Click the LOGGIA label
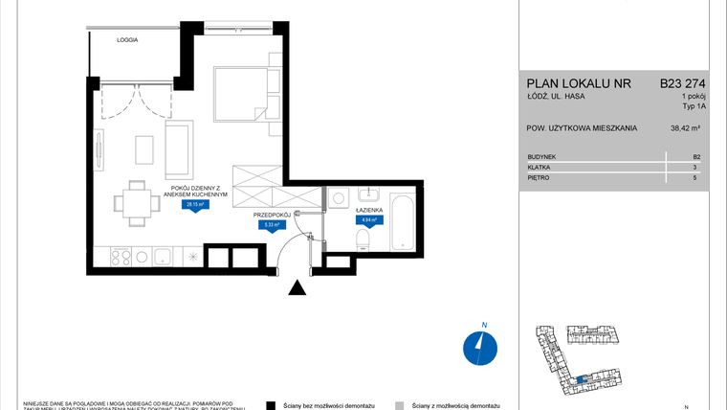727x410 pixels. click(x=128, y=41)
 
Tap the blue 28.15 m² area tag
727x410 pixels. click(x=197, y=204)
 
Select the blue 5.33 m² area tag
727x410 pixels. click(x=271, y=225)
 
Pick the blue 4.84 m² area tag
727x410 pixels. click(x=367, y=219)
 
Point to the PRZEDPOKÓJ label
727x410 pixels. click(x=272, y=216)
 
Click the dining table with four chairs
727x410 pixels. click(x=133, y=202)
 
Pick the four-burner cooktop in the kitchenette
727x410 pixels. click(x=122, y=256)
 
